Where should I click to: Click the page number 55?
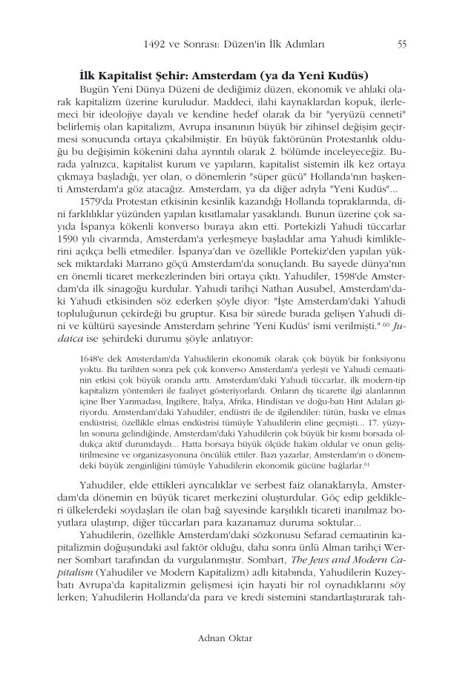click(x=401, y=44)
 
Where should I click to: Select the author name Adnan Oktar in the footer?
click(x=228, y=637)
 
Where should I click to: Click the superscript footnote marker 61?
click(x=366, y=464)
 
